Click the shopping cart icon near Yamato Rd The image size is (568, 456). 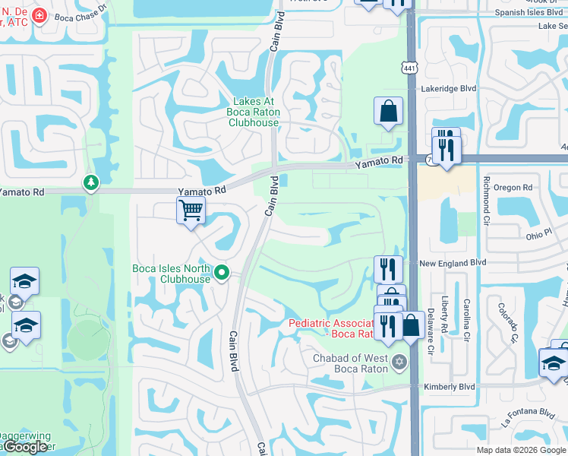pyautogui.click(x=191, y=209)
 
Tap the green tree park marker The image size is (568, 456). pyautogui.click(x=91, y=182)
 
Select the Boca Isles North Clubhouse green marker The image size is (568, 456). pyautogui.click(x=222, y=271)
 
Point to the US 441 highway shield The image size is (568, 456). pyautogui.click(x=409, y=68)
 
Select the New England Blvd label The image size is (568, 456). pyautogui.click(x=452, y=262)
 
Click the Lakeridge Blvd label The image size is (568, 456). pyautogui.click(x=448, y=89)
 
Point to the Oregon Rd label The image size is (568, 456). pyautogui.click(x=513, y=188)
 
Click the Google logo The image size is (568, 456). pyautogui.click(x=25, y=447)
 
